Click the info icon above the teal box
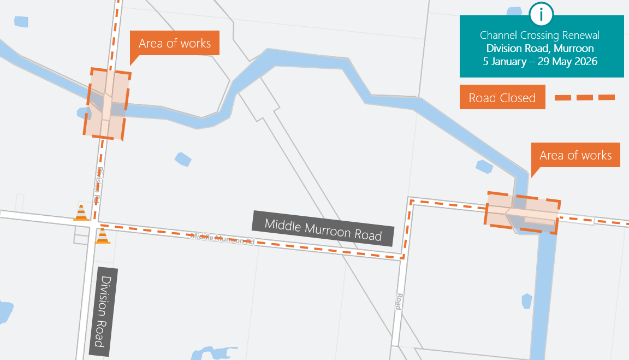(541, 14)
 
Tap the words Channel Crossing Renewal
(539, 36)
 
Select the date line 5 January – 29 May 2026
(540, 61)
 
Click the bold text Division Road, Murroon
(540, 49)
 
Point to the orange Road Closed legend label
(502, 98)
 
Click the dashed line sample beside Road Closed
(585, 98)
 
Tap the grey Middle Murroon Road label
(323, 228)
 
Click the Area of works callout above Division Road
(174, 44)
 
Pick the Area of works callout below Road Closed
(575, 156)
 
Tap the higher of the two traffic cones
(81, 213)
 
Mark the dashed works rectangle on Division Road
(108, 104)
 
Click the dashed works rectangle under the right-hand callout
(523, 213)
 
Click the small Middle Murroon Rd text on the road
(223, 238)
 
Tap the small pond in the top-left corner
(21, 22)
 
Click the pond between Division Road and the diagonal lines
(183, 159)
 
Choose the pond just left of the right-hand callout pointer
(484, 166)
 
